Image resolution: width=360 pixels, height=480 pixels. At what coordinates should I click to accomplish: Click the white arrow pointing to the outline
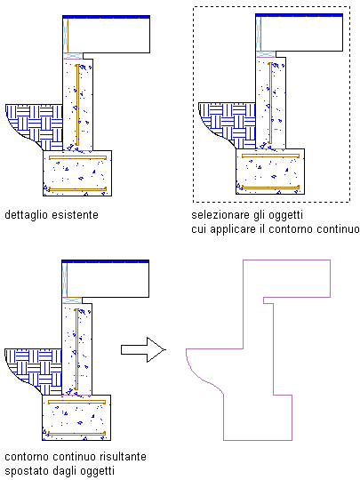[x=143, y=349]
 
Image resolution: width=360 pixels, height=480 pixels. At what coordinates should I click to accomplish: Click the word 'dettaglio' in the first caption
[x=27, y=215]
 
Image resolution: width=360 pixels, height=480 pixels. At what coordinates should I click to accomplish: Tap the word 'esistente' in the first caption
[x=75, y=214]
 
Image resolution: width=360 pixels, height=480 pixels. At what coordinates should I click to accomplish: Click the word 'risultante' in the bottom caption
[x=123, y=456]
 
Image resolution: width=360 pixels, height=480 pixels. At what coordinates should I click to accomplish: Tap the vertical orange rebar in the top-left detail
[x=77, y=105]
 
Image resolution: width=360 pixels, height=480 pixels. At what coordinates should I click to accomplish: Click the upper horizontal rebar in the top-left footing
[x=77, y=157]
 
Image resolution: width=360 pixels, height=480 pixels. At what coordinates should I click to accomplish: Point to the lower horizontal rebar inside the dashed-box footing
[x=270, y=188]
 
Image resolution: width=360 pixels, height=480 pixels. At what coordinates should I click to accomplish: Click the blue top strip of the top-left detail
[x=107, y=17]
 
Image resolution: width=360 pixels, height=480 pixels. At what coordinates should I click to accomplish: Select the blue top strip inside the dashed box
[x=299, y=15]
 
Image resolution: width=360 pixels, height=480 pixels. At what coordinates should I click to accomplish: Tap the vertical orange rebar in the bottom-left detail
[x=76, y=349]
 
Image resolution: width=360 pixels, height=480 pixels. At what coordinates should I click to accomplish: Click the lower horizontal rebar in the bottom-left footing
[x=76, y=434]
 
